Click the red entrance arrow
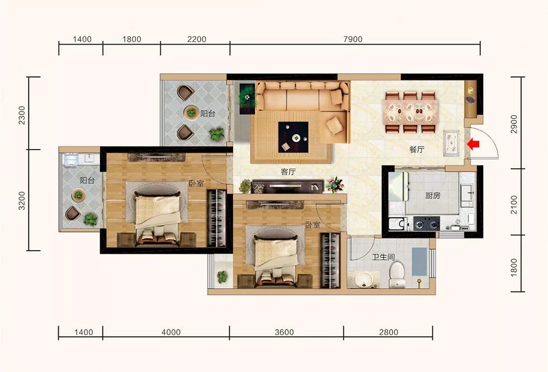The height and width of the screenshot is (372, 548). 473,144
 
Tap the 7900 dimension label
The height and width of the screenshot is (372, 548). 353,40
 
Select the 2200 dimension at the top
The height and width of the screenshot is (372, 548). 197,40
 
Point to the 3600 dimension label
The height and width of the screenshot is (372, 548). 284,332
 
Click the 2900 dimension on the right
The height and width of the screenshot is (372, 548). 514,124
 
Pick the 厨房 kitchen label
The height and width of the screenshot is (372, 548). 433,195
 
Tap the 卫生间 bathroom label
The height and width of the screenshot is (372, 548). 384,257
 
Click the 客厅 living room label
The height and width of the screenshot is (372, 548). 289,171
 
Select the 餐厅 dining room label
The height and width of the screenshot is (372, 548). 417,149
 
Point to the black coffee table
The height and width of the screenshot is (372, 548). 293,137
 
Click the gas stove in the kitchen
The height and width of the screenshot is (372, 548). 426,223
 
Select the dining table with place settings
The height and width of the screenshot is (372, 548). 410,112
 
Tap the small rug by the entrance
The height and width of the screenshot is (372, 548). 451,144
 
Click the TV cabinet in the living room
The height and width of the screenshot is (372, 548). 288,187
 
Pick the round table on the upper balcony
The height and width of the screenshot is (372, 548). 191,112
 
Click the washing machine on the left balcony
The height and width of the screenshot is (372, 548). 71,159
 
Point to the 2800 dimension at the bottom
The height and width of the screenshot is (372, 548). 389,332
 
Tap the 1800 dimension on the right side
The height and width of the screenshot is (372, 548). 514,268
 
